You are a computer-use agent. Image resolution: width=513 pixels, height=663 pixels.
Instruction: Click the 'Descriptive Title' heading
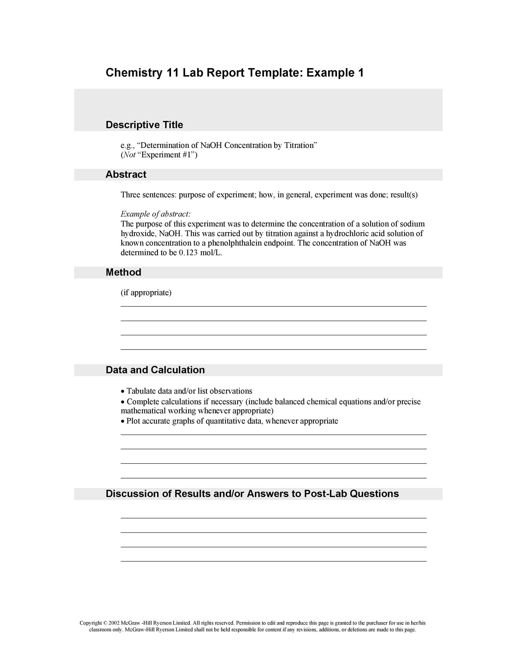(144, 125)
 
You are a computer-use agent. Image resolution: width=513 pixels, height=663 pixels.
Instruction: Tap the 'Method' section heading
(123, 272)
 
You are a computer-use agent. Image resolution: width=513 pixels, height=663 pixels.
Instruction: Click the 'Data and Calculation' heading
(155, 370)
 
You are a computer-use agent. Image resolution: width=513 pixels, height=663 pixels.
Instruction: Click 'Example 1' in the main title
(335, 73)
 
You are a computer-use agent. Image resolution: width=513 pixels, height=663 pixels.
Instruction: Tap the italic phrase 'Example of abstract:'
(155, 214)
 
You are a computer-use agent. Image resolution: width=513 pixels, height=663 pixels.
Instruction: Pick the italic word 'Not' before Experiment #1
(130, 155)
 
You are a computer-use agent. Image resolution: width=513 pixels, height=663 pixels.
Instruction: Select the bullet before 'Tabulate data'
(122, 392)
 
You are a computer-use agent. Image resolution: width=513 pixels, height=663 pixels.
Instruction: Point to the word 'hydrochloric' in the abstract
(347, 233)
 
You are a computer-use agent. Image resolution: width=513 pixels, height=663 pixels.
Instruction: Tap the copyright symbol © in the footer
(105, 623)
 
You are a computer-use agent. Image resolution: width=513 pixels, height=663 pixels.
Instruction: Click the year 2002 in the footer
(114, 623)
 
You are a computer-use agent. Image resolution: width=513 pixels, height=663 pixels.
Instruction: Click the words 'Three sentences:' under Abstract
(148, 195)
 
